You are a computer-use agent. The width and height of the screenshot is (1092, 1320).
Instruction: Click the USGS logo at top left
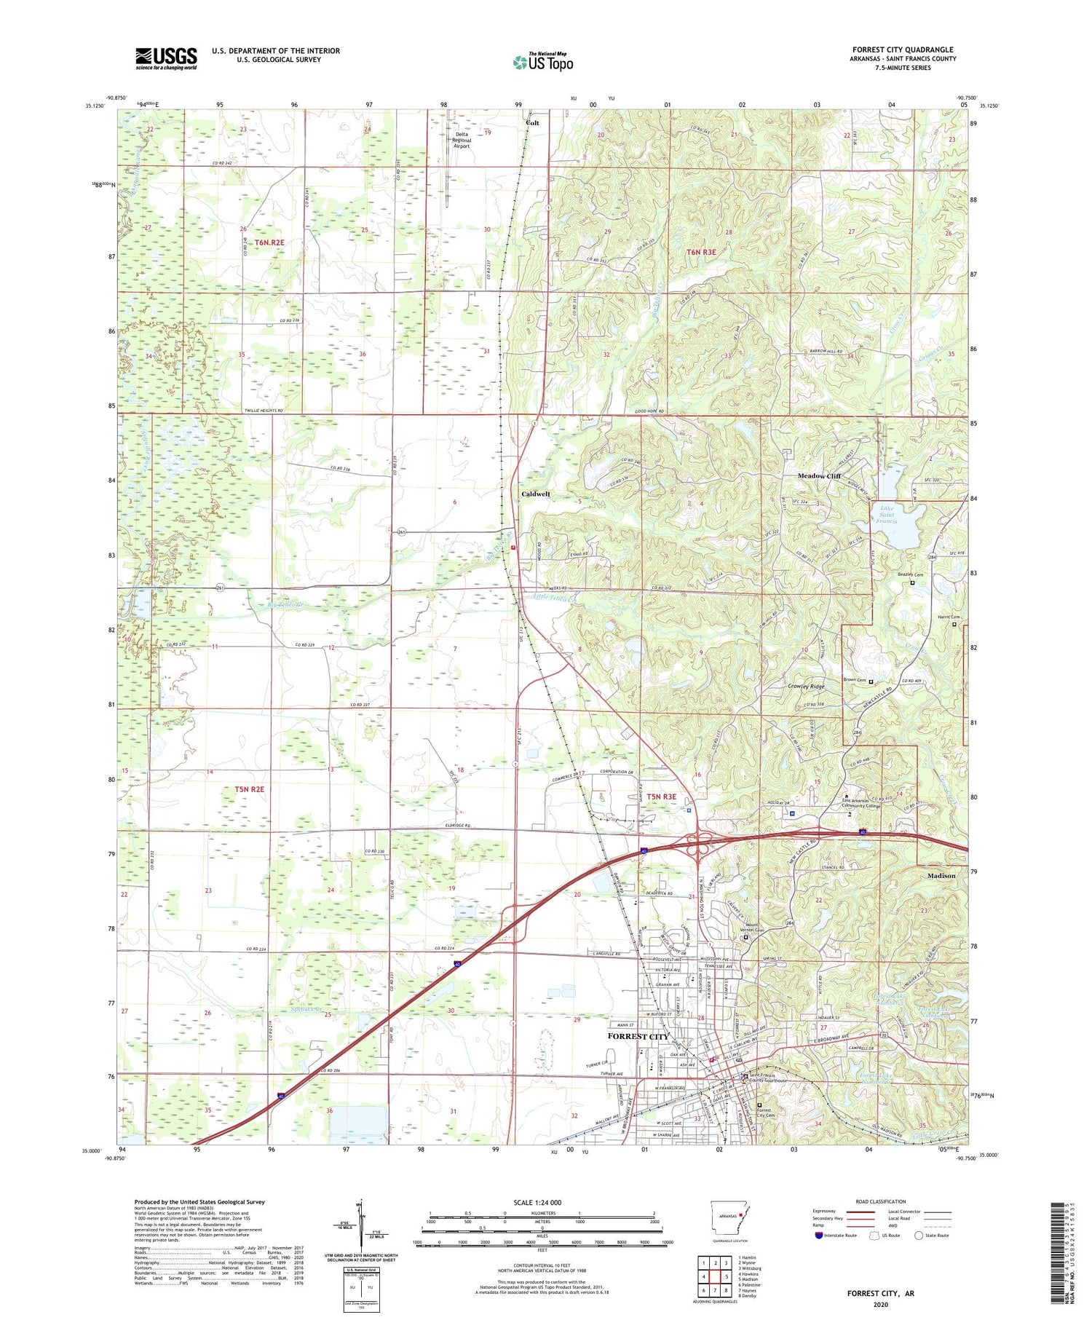point(166,58)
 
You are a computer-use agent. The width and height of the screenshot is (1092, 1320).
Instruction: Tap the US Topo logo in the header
point(543,62)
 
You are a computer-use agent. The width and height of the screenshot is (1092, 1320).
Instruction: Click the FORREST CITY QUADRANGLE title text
point(903,50)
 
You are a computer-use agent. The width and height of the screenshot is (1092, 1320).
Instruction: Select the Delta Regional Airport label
point(462,140)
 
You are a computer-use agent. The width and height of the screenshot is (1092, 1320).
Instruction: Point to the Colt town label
point(533,123)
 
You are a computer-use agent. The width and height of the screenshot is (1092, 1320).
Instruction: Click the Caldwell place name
point(536,494)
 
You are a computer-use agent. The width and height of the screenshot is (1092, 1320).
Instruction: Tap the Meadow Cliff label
point(819,475)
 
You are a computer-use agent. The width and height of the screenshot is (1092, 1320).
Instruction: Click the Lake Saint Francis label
point(887,515)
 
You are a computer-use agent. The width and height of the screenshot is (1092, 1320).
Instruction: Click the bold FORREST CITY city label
point(638,1036)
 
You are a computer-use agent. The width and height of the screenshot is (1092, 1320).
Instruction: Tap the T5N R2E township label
point(250,789)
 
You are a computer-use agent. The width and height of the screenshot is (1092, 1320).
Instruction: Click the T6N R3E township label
point(701,252)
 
